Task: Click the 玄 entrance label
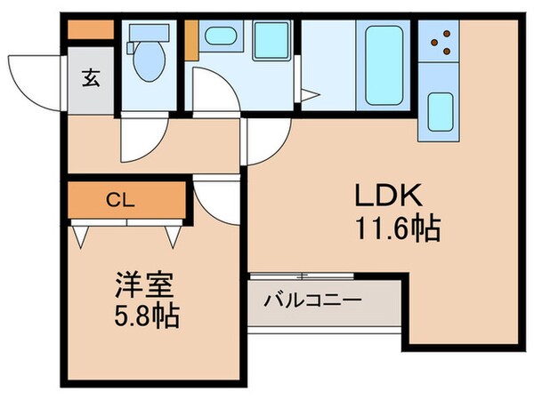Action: pyautogui.click(x=91, y=77)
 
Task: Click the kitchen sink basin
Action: pyautogui.click(x=440, y=110)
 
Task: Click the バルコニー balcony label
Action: pyautogui.click(x=312, y=300)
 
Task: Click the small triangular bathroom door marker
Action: pyautogui.click(x=307, y=94)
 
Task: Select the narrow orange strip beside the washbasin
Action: pyautogui.click(x=190, y=39)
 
